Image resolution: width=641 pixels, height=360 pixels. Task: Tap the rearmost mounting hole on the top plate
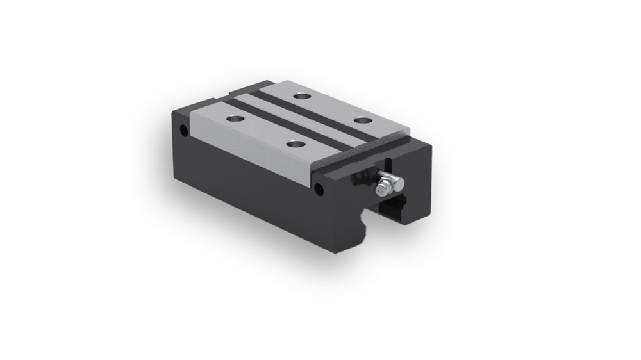click(302, 96)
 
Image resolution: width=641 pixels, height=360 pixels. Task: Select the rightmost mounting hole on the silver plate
click(362, 120)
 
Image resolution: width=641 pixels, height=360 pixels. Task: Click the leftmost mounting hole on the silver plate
click(236, 119)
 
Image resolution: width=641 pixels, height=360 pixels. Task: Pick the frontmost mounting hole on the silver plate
click(295, 144)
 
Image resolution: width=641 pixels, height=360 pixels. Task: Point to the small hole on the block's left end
click(184, 131)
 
